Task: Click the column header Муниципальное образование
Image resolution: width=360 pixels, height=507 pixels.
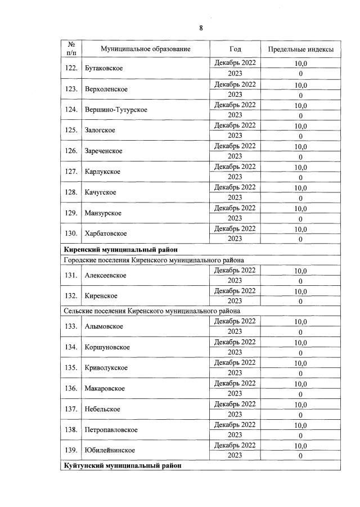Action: coord(146,49)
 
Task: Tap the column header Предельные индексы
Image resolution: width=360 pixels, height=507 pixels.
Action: coord(300,50)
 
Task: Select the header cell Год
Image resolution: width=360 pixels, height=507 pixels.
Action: coord(235,49)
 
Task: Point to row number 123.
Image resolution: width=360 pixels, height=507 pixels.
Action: coord(71,89)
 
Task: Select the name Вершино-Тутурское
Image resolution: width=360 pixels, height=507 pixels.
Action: coord(116,110)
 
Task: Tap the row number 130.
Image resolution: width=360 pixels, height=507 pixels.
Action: coord(71,234)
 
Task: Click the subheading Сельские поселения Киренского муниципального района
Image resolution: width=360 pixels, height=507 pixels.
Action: coord(151,311)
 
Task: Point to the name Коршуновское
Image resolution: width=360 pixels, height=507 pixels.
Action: coord(107,347)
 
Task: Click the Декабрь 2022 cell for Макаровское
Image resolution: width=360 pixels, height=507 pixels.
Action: coord(235,384)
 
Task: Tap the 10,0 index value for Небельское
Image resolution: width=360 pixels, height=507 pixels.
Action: coord(300,405)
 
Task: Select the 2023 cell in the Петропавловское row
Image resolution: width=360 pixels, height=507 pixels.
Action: coord(235,435)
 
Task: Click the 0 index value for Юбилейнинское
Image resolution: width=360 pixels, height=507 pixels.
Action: coord(300,456)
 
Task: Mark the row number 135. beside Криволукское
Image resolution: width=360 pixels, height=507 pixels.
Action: coord(71,368)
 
